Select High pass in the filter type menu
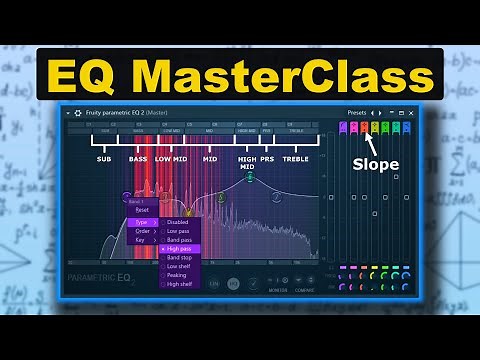pyautogui.click(x=183, y=248)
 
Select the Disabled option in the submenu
pyautogui.click(x=180, y=222)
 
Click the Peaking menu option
pyautogui.click(x=181, y=275)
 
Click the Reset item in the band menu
pyautogui.click(x=143, y=210)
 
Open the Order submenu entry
pyautogui.click(x=143, y=231)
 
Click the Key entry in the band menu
pyautogui.click(x=141, y=241)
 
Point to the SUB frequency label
pyautogui.click(x=104, y=158)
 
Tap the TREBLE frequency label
pyautogui.click(x=295, y=158)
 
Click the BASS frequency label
pyautogui.click(x=138, y=158)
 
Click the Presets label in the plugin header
pyautogui.click(x=357, y=112)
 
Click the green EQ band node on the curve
pyautogui.click(x=250, y=178)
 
